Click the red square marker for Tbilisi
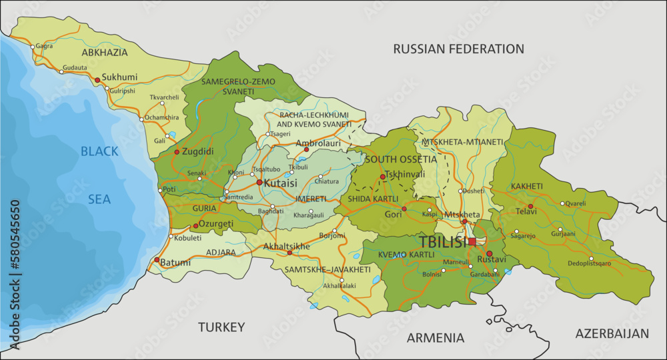coord(472,241)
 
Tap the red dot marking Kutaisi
coord(259,182)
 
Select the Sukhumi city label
coord(119,77)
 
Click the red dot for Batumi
coord(157,260)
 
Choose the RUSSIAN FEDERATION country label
coord(458,49)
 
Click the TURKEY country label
coord(221,327)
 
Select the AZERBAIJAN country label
coord(612,333)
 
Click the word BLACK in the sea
coord(99,151)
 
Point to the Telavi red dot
coord(530,207)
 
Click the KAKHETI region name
coord(527,186)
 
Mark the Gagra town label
coord(44,46)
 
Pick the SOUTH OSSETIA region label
coord(400,159)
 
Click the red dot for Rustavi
coord(489,253)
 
